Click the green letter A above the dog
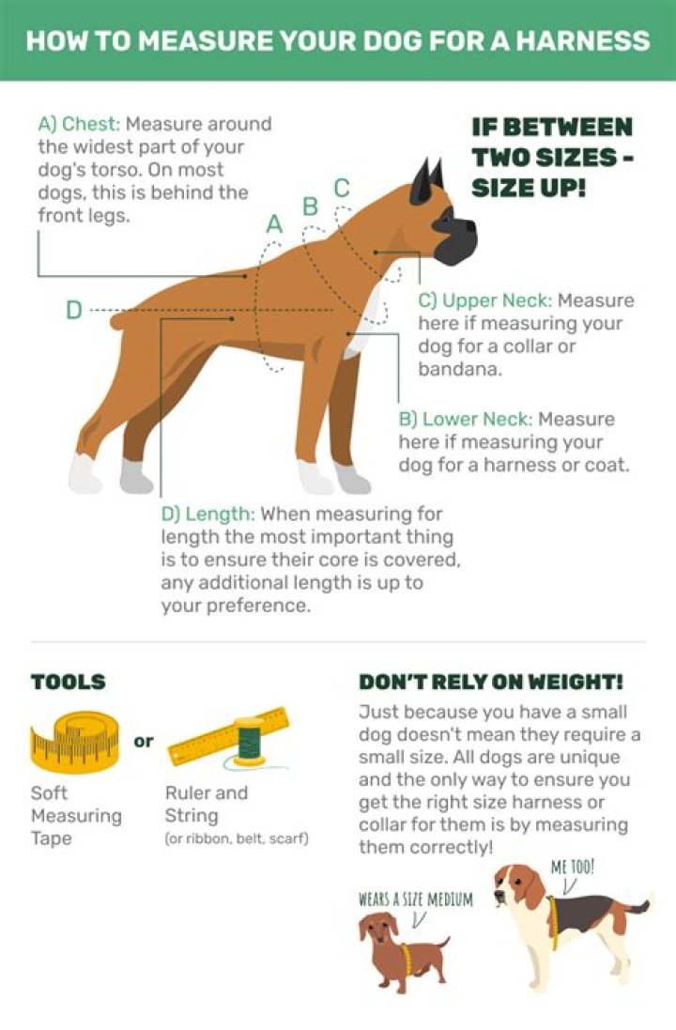(274, 224)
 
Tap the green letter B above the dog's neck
(310, 207)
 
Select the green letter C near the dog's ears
(342, 188)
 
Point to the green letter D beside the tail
(74, 310)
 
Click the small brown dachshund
(401, 950)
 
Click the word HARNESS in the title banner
(582, 41)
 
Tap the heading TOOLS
(69, 682)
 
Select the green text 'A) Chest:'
(79, 124)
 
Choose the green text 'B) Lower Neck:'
(465, 419)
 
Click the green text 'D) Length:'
(207, 514)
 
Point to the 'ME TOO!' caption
(572, 867)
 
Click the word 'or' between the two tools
(144, 741)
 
